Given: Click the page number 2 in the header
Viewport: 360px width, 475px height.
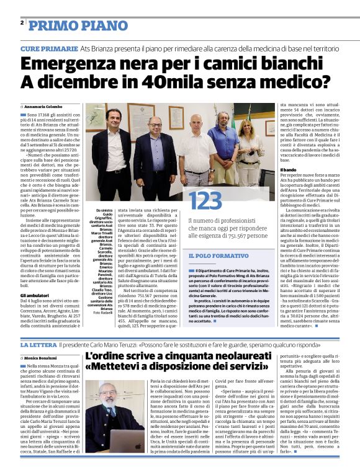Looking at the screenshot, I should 22,22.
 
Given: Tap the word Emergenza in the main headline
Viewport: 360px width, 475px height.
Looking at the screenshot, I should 73,64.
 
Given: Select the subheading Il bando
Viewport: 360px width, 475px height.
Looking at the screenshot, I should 287,169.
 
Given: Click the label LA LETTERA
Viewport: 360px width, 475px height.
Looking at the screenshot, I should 38,344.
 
